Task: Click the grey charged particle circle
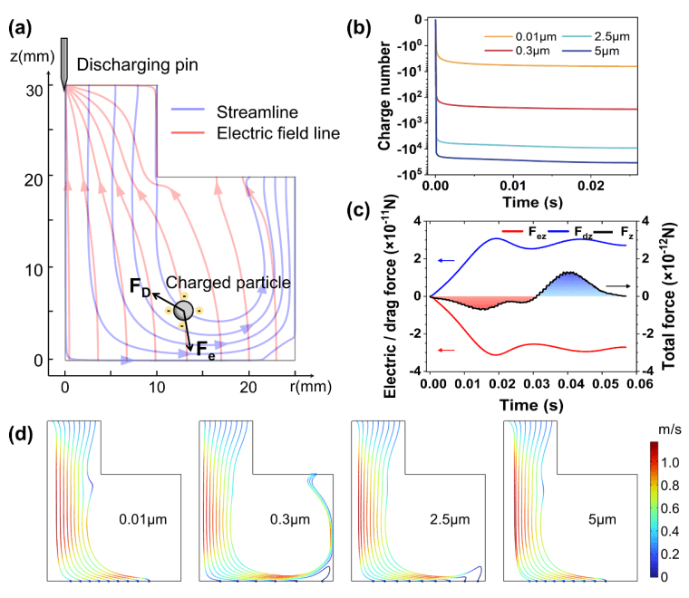182,310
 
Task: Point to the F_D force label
140,288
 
